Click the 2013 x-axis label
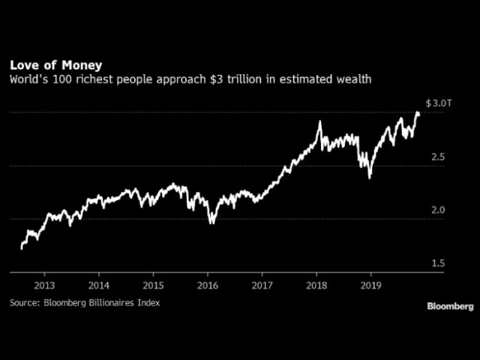point(44,285)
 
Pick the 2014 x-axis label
point(99,285)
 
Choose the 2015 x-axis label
point(153,285)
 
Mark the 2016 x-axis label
point(208,285)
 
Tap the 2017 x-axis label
point(262,285)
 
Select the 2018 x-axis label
point(316,285)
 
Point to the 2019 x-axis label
point(370,285)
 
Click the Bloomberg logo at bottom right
point(450,306)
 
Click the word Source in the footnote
point(25,302)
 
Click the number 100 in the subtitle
point(82,79)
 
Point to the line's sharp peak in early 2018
point(320,121)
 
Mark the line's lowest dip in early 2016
point(211,222)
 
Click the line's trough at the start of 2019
point(370,177)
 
